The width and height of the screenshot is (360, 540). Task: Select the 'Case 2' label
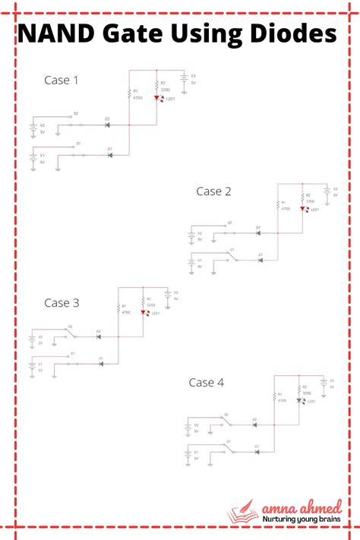(213, 191)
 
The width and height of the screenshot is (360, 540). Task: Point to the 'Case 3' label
(62, 302)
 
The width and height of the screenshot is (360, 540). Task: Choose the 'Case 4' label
(207, 382)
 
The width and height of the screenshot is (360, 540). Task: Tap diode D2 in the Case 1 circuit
(107, 125)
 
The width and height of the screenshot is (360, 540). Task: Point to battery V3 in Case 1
(184, 79)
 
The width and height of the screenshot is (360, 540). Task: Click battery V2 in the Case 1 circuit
(33, 128)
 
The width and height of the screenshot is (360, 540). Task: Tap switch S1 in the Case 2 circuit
(233, 258)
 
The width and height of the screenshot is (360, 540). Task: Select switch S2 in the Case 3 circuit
(70, 333)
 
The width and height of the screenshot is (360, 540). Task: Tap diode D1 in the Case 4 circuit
(257, 452)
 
